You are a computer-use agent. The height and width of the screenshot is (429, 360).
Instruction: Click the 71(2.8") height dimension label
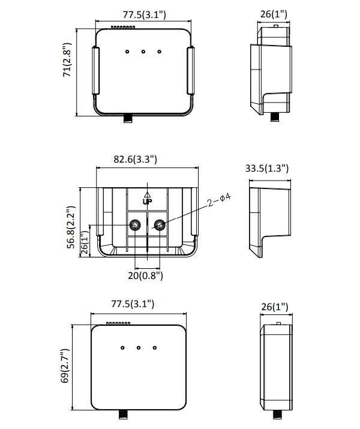(67, 60)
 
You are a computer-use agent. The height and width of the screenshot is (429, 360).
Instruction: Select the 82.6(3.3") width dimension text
(136, 159)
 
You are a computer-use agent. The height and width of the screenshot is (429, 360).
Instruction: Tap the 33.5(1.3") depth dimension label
(267, 168)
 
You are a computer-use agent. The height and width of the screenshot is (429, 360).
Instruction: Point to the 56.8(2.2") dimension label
(71, 227)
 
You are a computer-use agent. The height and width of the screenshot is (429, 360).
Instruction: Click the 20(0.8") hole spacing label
(146, 275)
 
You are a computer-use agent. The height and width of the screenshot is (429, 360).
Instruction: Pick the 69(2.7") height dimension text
(65, 366)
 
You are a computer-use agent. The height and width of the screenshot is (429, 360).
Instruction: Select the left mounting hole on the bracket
(135, 225)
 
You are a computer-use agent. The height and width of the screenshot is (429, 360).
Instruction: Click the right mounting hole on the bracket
(160, 225)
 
